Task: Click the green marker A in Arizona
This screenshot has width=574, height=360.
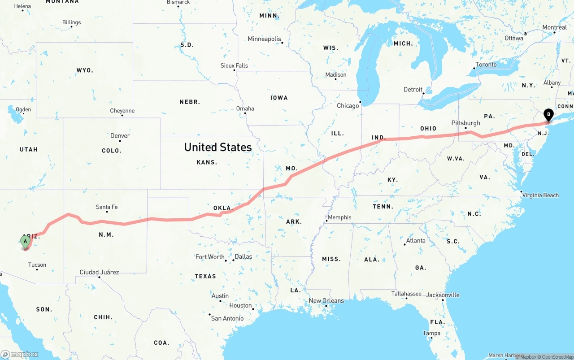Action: tap(26, 241)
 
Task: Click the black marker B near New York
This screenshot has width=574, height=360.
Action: tap(548, 115)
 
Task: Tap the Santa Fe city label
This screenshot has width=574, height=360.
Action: tap(107, 207)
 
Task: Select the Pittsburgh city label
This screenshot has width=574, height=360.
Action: tap(465, 123)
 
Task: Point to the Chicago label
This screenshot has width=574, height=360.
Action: tap(348, 106)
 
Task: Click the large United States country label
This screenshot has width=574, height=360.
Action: tap(218, 147)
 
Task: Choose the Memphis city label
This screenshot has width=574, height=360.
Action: tap(339, 217)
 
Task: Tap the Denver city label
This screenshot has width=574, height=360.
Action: tap(120, 135)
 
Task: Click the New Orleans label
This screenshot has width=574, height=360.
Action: tap(326, 301)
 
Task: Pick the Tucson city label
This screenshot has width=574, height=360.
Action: tap(37, 265)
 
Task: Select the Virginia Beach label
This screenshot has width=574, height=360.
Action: tap(540, 195)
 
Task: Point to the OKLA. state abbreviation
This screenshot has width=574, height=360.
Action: tap(223, 208)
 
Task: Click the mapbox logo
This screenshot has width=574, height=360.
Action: tap(20, 354)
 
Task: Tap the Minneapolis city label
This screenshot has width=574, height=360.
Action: tap(264, 39)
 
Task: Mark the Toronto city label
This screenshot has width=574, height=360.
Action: tap(486, 65)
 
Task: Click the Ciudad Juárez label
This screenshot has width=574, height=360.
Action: tap(99, 272)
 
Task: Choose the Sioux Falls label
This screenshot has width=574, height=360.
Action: tap(234, 65)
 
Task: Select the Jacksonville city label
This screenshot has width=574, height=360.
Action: tap(443, 295)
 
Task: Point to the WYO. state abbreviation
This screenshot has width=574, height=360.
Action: tap(85, 70)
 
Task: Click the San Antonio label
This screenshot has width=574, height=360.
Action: tap(227, 318)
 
